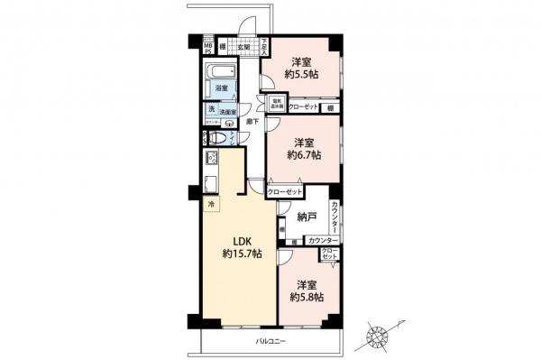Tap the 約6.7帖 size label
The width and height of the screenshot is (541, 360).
[303, 154]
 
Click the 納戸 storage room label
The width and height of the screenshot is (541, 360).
[307, 217]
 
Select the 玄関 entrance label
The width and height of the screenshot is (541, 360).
[243, 48]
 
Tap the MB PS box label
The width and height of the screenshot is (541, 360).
[207, 49]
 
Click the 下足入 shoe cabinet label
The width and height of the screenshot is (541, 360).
[264, 46]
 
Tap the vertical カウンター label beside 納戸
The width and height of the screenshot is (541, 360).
[335, 217]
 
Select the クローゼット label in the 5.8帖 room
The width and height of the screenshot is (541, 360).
[329, 255]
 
